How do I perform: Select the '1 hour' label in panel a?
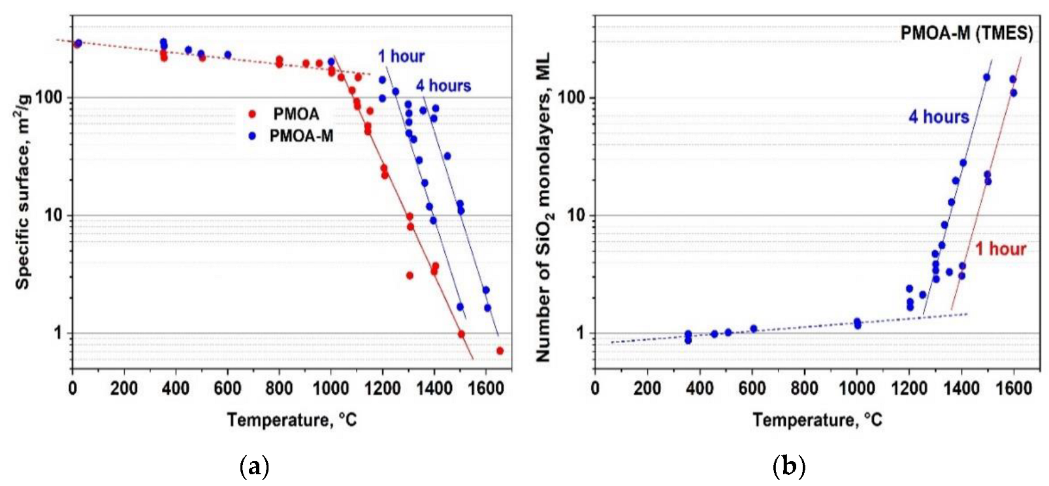point(401,57)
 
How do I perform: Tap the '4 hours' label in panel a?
point(444,85)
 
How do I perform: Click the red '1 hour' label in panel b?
point(1000,249)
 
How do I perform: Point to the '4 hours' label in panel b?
point(939,117)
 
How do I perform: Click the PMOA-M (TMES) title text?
point(966,33)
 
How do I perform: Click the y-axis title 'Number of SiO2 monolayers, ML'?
point(543,207)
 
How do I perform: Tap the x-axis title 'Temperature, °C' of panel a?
point(291,419)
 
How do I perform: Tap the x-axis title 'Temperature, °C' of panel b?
point(816,419)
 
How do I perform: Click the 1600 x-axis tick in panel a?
point(485,389)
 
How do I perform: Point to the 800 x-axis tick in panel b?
point(804,389)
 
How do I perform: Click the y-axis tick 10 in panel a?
point(54,215)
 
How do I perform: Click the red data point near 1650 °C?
point(500,351)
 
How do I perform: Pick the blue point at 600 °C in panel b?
point(753,329)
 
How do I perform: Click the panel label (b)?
point(788,467)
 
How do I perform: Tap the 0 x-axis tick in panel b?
point(594,389)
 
